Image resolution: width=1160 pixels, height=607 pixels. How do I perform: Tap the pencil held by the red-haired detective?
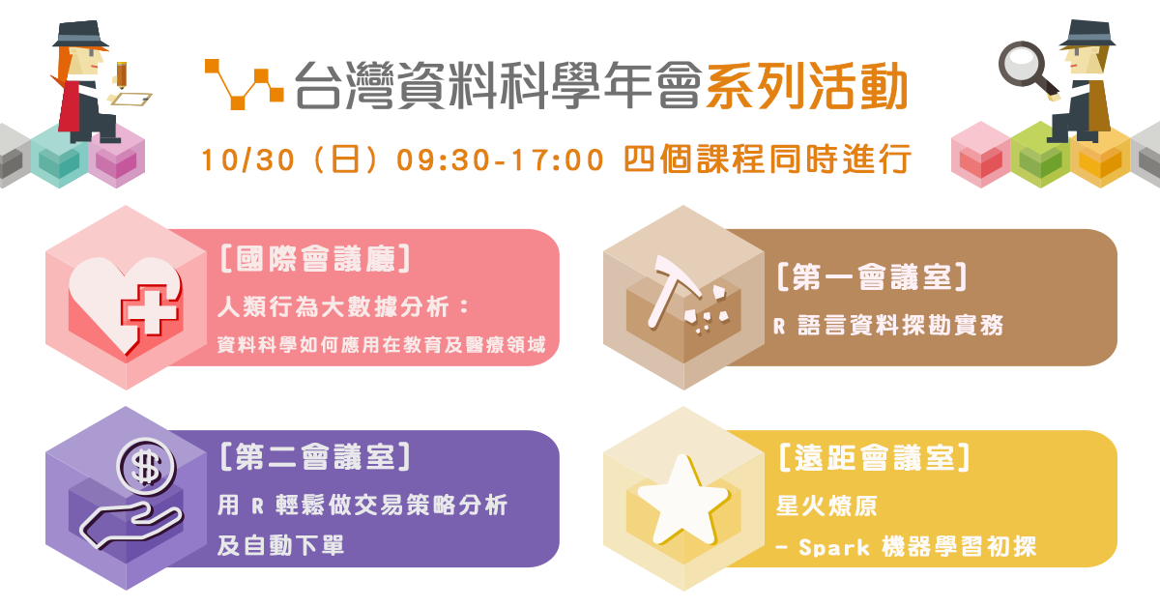pos(121,75)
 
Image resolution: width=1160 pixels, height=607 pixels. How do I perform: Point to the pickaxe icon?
pos(673,291)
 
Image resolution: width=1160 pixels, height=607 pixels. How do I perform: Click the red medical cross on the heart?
pos(150,311)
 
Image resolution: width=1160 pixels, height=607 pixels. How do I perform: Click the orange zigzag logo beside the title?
pos(244,84)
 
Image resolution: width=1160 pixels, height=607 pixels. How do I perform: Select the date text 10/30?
pos(247,159)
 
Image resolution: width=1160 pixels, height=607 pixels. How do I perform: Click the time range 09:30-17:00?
pos(501,159)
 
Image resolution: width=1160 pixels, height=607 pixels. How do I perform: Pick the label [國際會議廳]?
pos(315,258)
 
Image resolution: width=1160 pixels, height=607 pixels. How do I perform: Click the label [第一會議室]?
pos(872,277)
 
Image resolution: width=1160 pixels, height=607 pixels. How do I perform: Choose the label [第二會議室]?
pos(315,457)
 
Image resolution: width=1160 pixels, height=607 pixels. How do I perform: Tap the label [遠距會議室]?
pos(874,458)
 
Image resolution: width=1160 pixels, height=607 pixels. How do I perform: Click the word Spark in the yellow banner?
pos(833,547)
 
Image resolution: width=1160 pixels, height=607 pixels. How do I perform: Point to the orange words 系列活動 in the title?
pos(806,86)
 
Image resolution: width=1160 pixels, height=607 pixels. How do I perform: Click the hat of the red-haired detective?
pos(80,34)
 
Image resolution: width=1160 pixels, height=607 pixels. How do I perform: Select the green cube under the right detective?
pos(1040,155)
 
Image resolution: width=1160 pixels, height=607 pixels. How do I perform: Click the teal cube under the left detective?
pos(59,156)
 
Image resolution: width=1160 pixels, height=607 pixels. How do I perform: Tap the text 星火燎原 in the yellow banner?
pos(826,506)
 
